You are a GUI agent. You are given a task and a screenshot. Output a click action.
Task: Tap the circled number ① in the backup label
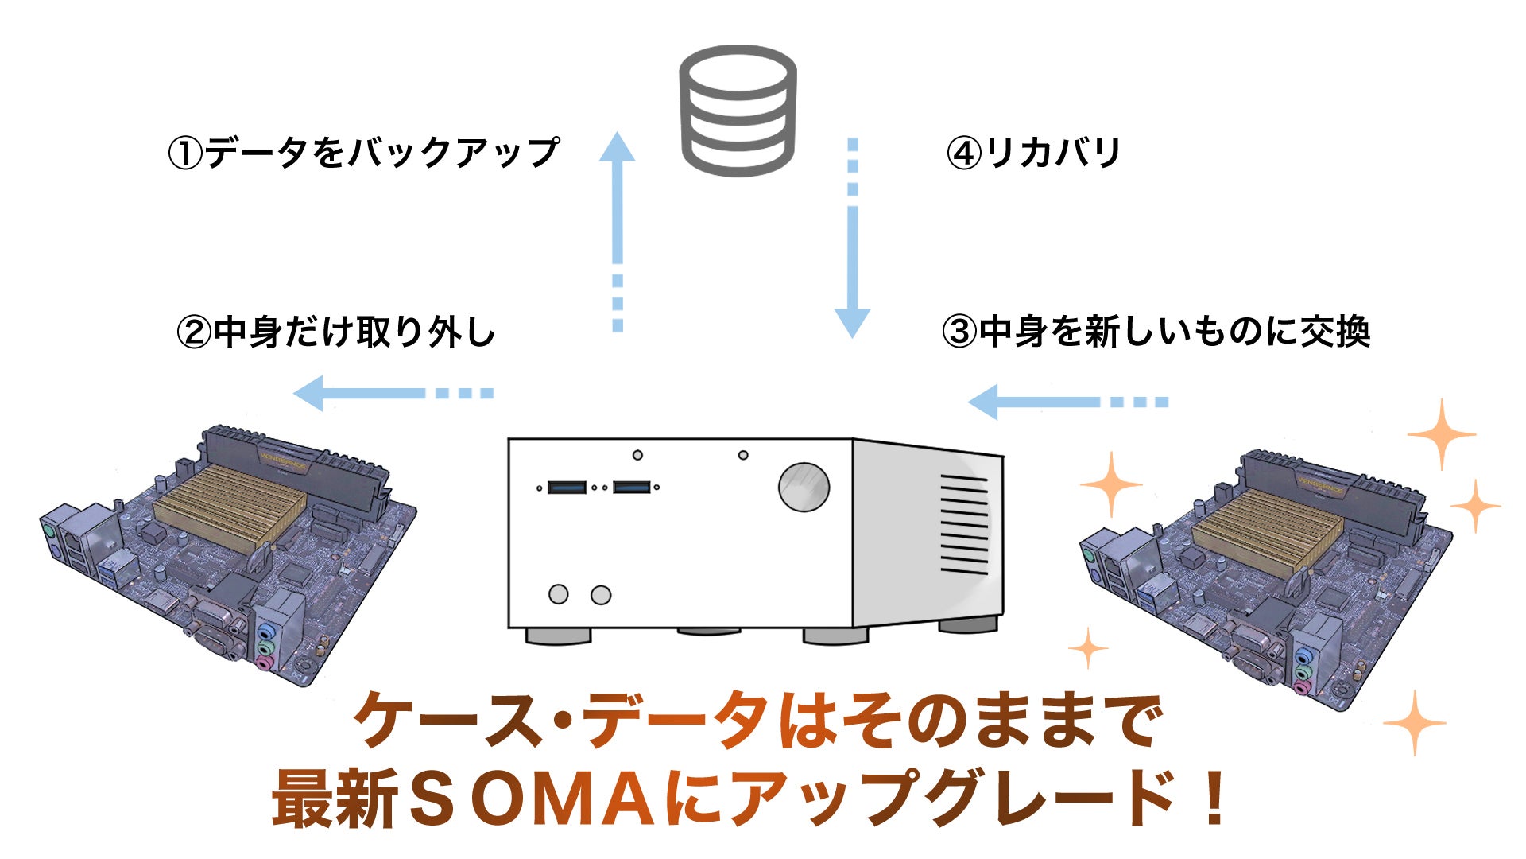click(186, 153)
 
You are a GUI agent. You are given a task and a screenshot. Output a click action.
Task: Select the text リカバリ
click(1052, 153)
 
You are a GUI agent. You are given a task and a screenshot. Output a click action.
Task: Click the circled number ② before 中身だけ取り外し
click(195, 332)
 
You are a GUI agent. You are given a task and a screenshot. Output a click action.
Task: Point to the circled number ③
click(959, 332)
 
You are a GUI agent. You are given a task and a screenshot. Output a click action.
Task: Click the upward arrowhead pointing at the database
click(617, 148)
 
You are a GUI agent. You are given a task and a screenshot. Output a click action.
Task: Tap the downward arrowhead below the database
click(852, 323)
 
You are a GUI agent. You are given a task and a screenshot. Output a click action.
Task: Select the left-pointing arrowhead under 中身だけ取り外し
click(310, 393)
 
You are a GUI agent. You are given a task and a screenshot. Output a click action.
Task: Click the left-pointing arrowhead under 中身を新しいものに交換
click(984, 402)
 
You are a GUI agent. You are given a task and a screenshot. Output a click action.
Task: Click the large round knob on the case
click(804, 487)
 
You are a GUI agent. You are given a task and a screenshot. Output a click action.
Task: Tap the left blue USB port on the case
click(567, 487)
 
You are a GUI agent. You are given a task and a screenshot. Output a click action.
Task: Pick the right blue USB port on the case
click(633, 487)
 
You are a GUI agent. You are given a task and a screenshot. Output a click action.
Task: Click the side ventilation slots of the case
click(964, 524)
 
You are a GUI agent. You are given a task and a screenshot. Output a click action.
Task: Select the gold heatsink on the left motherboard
click(230, 506)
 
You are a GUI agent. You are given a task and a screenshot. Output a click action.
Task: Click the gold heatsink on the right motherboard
click(1268, 530)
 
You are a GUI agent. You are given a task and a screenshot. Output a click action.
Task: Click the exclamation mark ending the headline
click(1214, 799)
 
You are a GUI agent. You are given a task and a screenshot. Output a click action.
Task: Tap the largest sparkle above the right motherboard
click(1441, 434)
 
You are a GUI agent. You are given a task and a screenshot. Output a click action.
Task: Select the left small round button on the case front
click(559, 594)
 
